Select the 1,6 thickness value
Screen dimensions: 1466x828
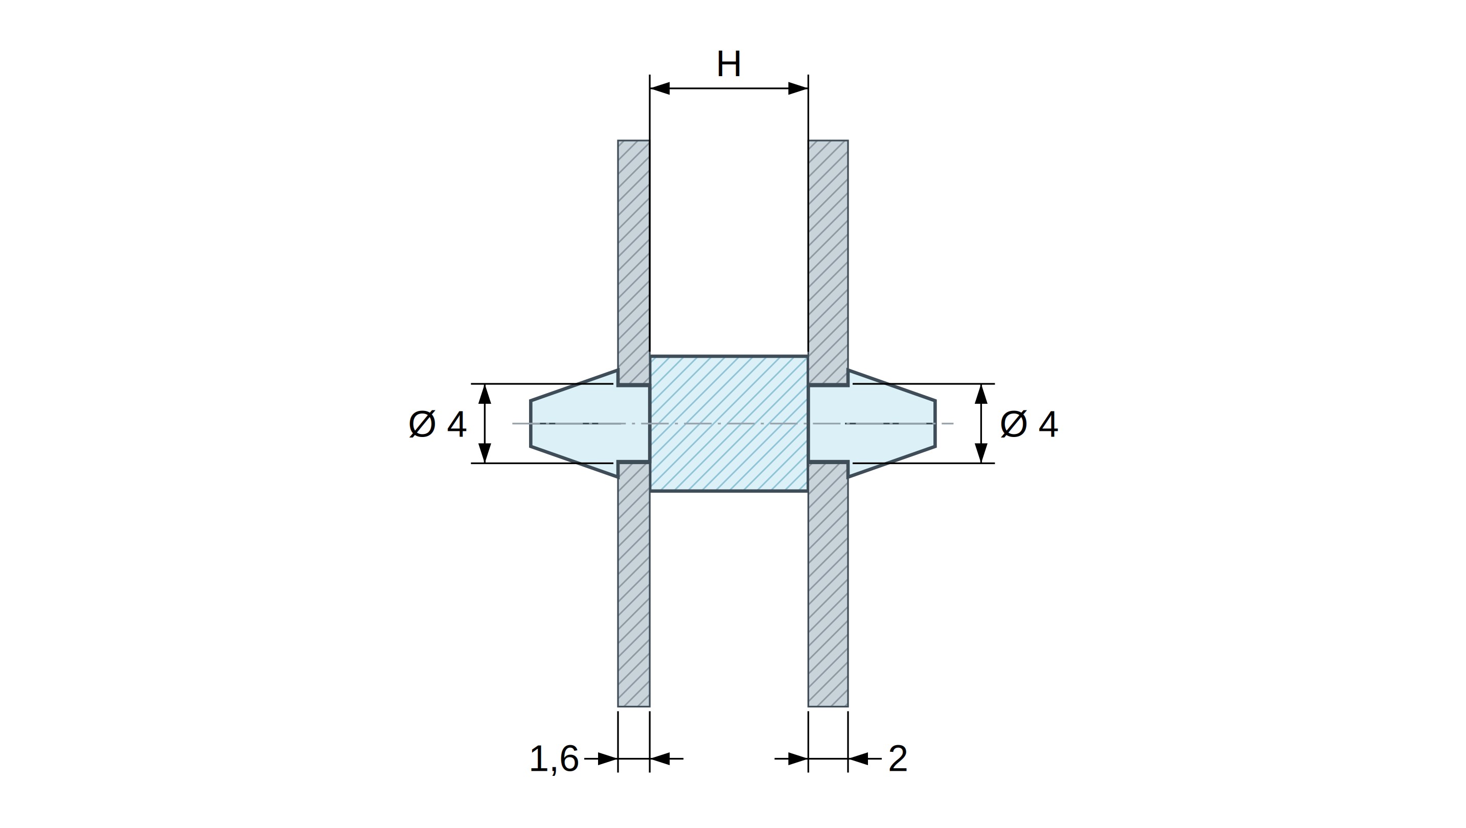(554, 758)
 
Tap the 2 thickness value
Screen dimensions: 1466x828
(898, 758)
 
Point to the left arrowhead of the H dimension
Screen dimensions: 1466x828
(660, 88)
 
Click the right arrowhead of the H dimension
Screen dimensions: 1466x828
(798, 88)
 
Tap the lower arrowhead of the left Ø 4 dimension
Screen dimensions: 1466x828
(484, 453)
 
